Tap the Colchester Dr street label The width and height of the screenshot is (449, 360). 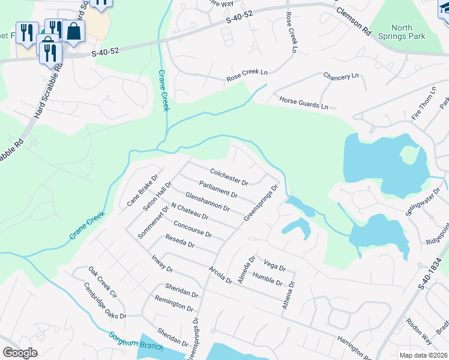229,177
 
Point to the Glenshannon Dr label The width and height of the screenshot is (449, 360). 208,201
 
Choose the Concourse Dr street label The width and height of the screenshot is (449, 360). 192,229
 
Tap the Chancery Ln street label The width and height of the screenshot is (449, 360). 340,76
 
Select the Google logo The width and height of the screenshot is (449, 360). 20,353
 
